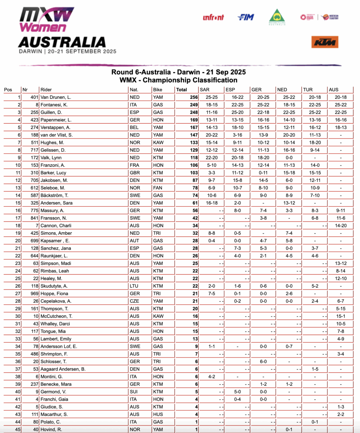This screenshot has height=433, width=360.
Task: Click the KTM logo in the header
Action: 325,42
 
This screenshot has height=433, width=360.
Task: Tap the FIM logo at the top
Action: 246,17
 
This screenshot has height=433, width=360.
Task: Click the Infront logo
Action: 213,17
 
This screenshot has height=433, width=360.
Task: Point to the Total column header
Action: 182,89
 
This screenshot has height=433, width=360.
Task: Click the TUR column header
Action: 309,89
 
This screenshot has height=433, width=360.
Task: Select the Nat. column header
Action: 134,89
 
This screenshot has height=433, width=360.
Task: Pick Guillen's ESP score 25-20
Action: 237,112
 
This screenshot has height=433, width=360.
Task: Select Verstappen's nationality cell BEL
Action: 134,127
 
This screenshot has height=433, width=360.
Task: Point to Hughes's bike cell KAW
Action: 158,143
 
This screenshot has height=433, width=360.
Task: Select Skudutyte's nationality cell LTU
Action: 134,286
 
